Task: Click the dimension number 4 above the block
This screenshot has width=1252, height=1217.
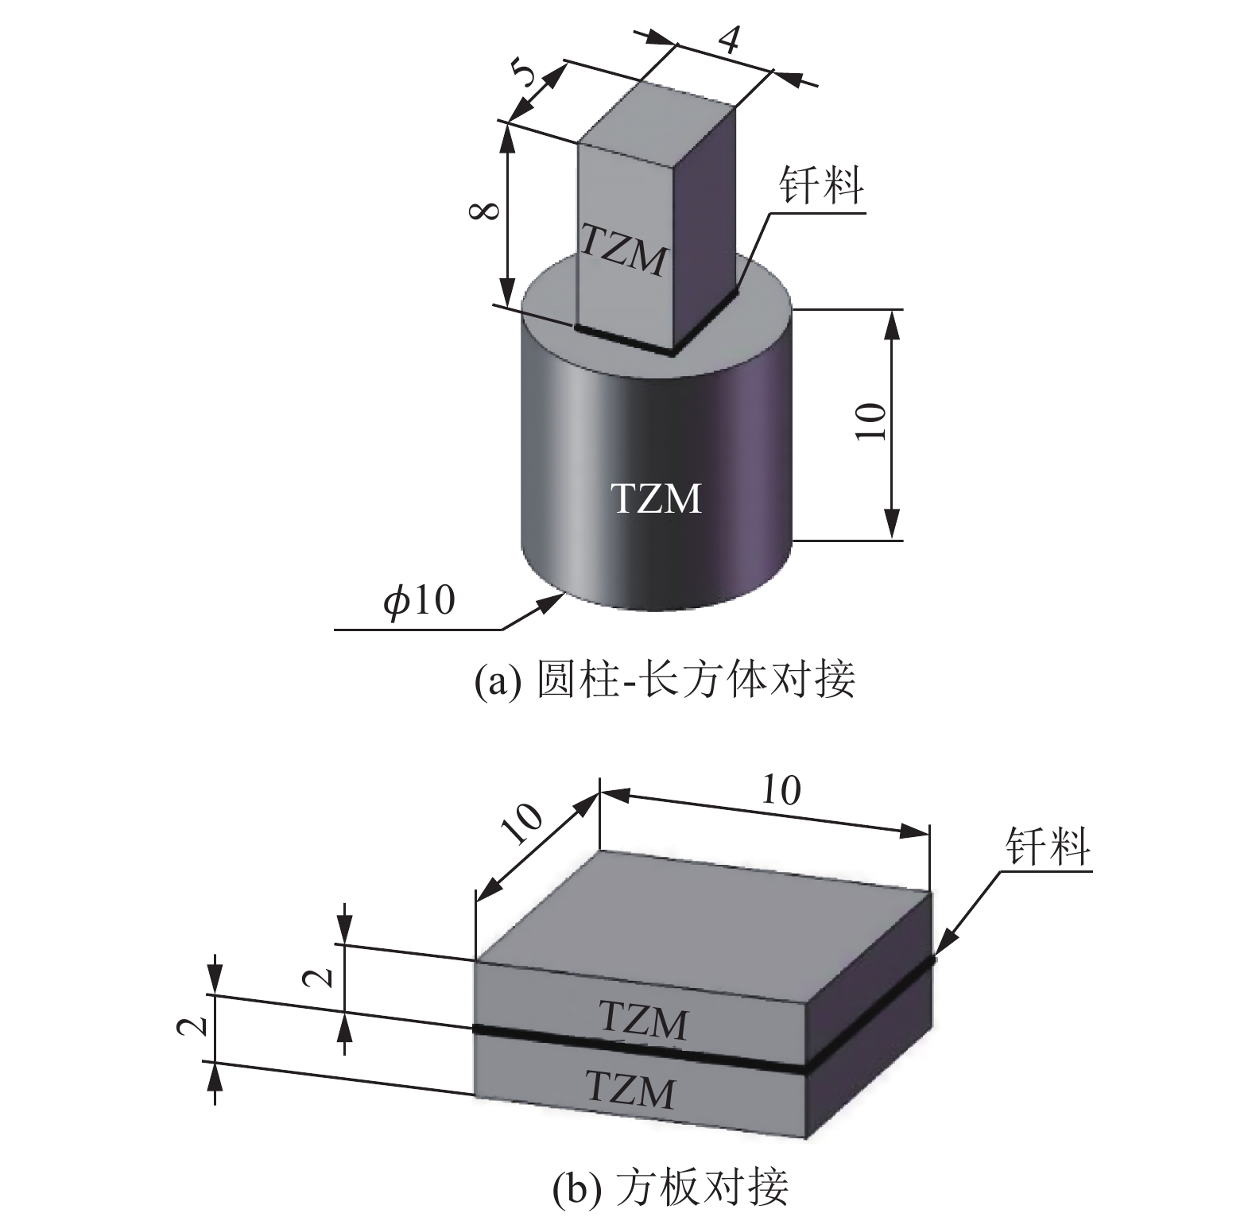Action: (x=729, y=39)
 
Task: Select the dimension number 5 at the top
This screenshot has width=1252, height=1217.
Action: (x=527, y=76)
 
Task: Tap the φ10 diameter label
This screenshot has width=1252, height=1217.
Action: (x=419, y=601)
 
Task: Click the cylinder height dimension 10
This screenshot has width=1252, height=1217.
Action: (x=872, y=421)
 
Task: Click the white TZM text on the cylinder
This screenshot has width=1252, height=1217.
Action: (x=656, y=499)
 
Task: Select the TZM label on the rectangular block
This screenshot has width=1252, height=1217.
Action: (x=622, y=250)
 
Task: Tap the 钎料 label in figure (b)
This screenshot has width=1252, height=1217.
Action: (x=1047, y=846)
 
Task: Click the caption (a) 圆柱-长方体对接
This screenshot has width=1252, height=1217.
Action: (x=665, y=680)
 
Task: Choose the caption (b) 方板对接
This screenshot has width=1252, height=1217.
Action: (x=670, y=1188)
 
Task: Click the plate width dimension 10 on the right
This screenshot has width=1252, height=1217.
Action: (x=781, y=790)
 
